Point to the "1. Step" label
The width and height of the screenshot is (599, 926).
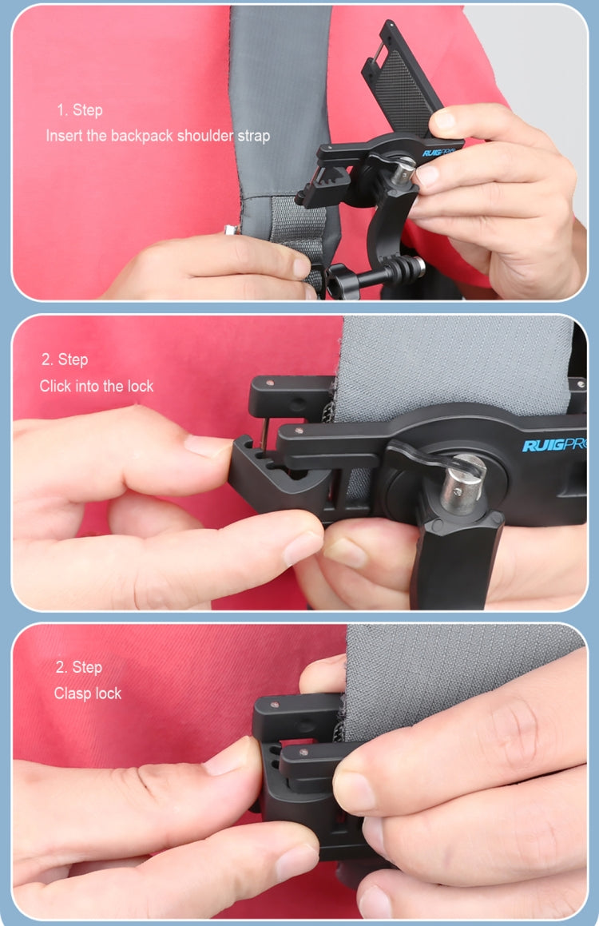click(x=79, y=110)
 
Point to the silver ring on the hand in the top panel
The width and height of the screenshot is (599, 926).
click(x=231, y=230)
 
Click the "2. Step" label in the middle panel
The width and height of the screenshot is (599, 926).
click(x=65, y=360)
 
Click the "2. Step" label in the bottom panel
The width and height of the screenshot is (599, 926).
click(x=78, y=667)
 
